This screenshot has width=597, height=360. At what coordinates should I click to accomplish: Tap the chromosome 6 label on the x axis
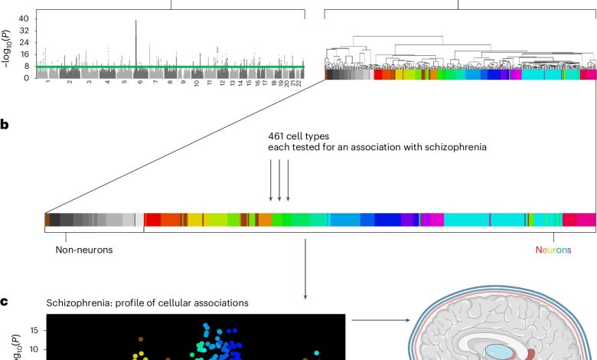tap(141, 81)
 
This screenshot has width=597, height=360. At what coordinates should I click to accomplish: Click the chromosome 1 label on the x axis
tap(48, 81)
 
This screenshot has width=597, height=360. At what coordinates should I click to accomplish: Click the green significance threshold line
tap(170, 67)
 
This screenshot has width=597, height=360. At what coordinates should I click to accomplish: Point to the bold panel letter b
tap(5, 125)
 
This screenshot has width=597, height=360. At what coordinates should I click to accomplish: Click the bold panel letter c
tap(4, 302)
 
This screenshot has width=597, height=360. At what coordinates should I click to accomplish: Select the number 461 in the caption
tap(276, 136)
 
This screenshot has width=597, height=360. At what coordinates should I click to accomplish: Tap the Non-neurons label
tap(84, 250)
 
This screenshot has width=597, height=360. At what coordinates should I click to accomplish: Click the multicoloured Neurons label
tap(553, 250)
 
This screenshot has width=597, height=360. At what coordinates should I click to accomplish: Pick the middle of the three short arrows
tap(279, 180)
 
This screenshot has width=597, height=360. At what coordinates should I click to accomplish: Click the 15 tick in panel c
tap(34, 330)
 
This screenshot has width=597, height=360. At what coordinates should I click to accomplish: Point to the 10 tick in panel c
tap(34, 349)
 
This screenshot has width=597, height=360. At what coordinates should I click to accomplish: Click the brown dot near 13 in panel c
tap(141, 339)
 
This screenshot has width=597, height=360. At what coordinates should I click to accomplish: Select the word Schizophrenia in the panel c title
tap(79, 303)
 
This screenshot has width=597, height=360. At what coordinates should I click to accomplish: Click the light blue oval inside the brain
tap(497, 352)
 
